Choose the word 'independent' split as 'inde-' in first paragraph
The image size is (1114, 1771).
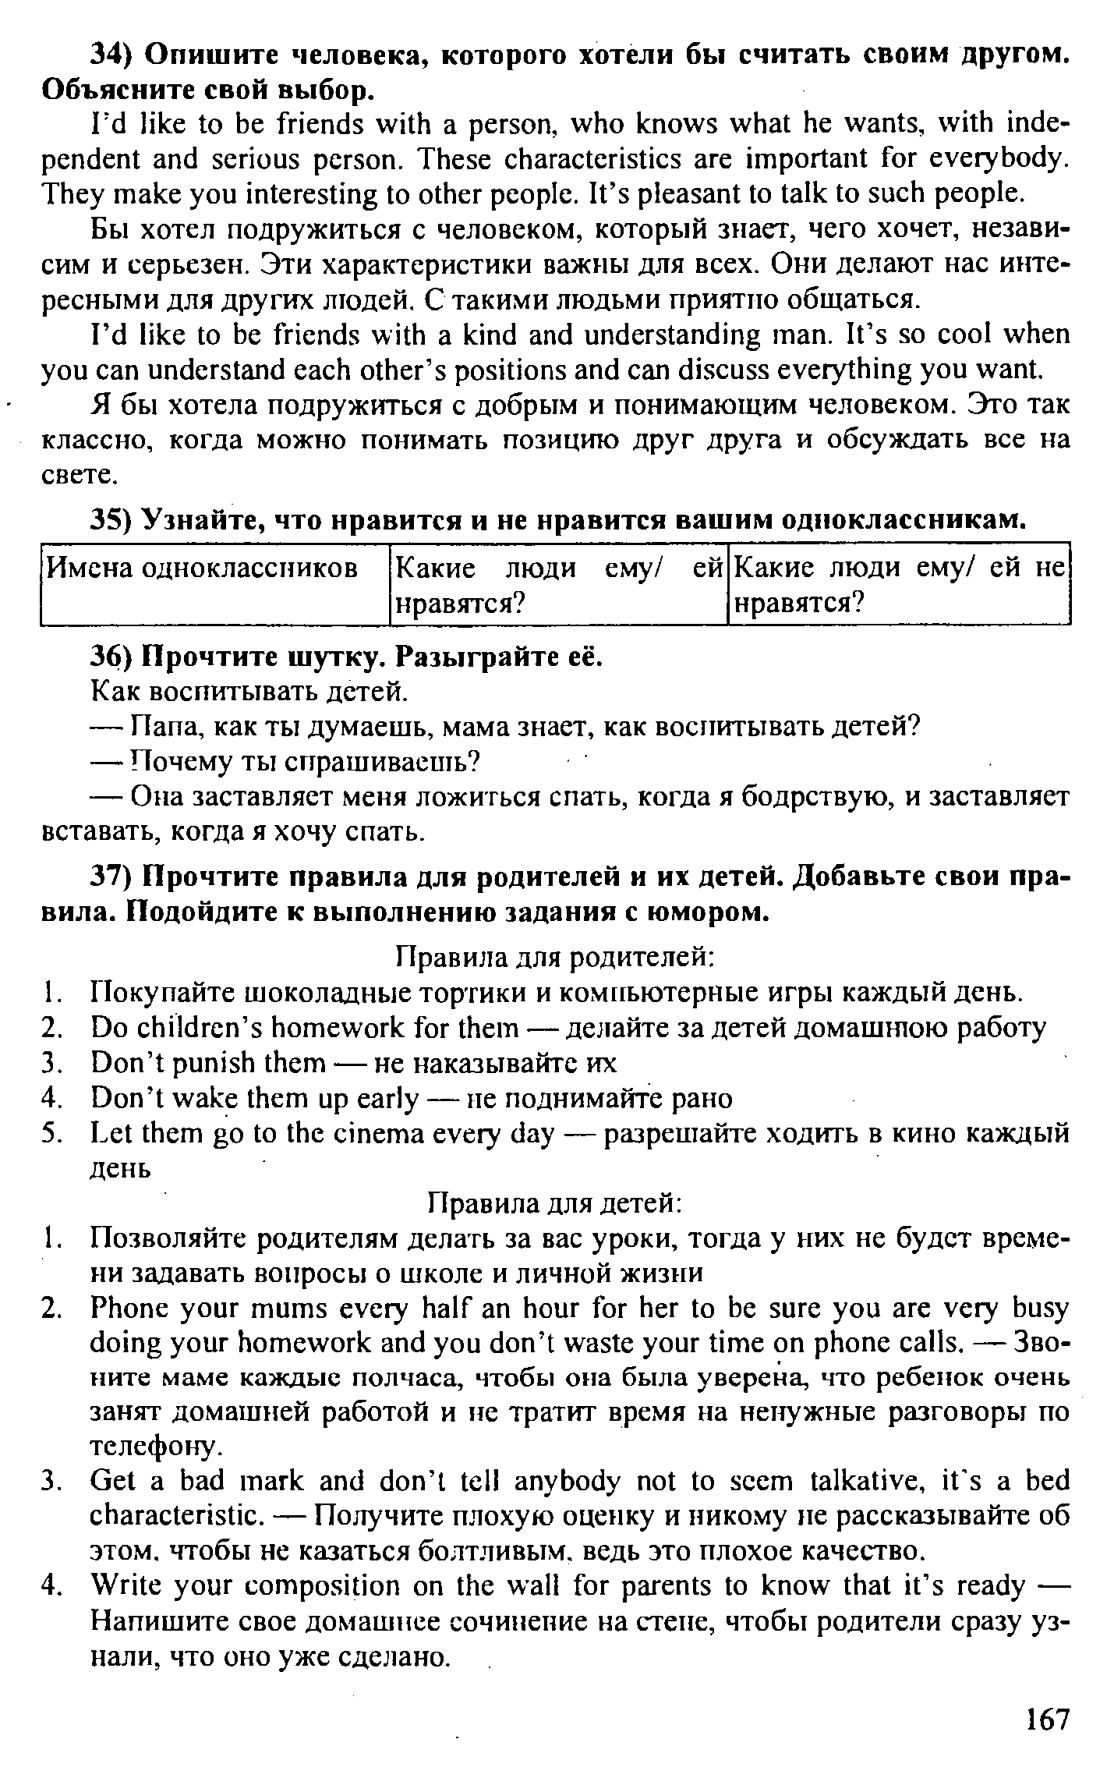(1036, 123)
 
